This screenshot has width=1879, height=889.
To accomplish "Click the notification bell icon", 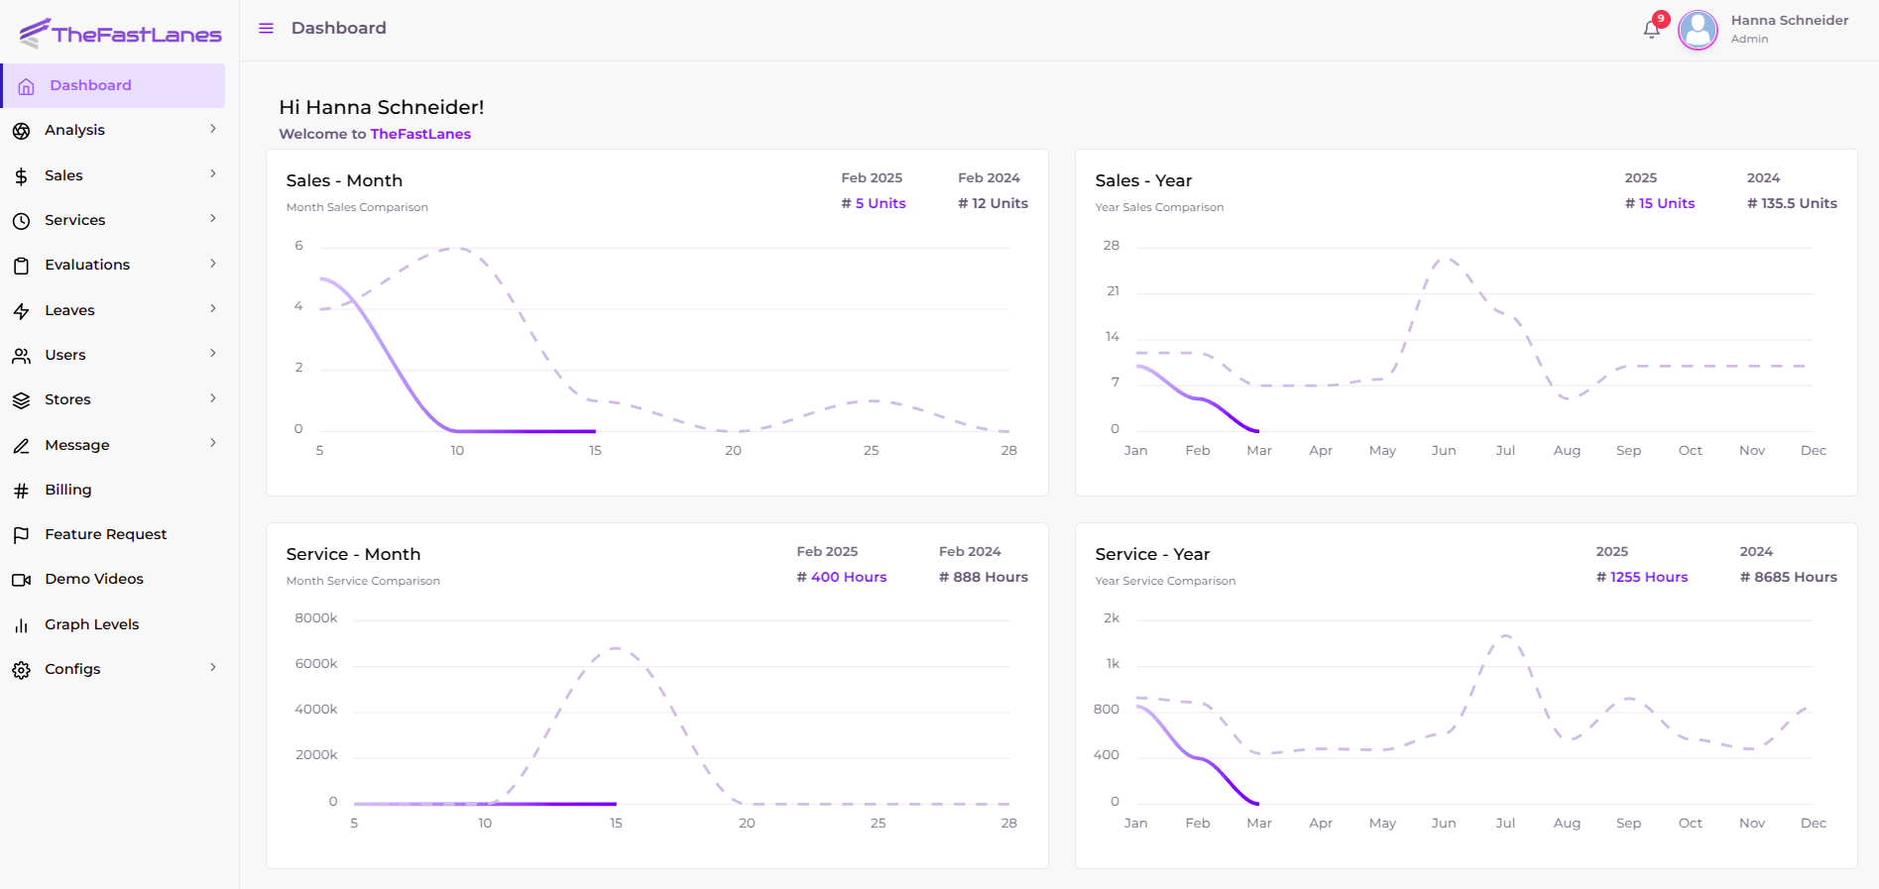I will tap(1651, 30).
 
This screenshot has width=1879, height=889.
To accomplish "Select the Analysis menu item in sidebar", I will tap(74, 130).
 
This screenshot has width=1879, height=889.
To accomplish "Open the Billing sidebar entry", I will tap(67, 490).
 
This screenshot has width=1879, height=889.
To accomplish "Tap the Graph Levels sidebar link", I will tap(91, 624).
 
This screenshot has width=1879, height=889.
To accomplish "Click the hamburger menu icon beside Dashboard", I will tap(266, 29).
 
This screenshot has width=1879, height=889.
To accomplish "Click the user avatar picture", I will tap(1698, 30).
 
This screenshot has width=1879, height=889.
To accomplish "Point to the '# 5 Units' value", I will tap(874, 203).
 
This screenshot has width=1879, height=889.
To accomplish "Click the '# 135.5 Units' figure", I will tap(1792, 203).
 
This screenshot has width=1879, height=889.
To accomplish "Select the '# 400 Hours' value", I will tap(842, 577).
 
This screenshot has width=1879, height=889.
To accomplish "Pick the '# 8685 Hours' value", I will tap(1788, 577).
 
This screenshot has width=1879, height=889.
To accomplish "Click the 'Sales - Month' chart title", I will tap(344, 180).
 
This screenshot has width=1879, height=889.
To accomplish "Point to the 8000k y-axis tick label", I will tap(316, 617).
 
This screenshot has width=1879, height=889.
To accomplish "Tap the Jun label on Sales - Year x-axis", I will tap(1444, 450).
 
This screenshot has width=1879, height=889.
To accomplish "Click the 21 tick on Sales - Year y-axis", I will tap(1113, 291).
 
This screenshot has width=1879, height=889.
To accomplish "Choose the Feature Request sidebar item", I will tap(105, 534).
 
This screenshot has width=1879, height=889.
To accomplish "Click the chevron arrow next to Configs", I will tap(212, 668).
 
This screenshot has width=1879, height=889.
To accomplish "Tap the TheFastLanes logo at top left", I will tap(120, 34).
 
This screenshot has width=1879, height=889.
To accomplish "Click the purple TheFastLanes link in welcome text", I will tap(420, 134).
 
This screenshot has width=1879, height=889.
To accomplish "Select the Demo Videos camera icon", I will tap(21, 580).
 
